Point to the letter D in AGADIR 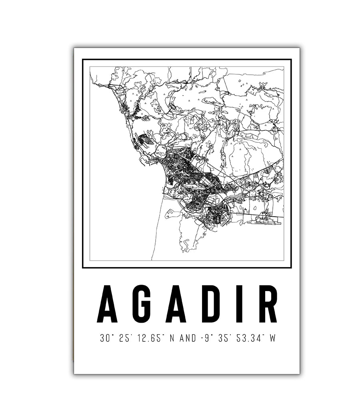211,304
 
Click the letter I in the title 239,304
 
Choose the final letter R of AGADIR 266,304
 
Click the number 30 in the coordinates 104,338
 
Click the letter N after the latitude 172,338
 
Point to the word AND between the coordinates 188,338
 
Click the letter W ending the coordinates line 273,338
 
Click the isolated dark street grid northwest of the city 144,140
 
